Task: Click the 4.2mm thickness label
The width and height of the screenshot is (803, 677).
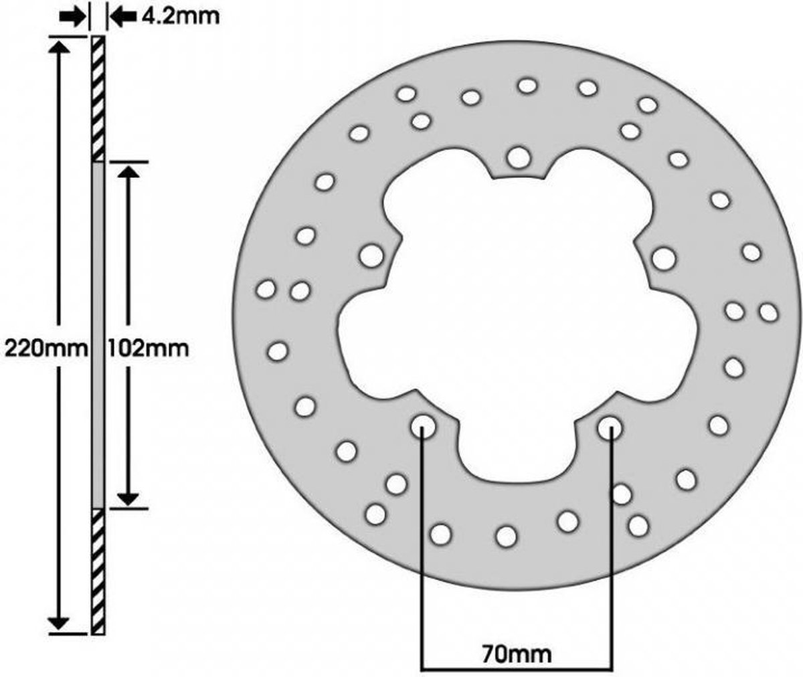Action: point(181,17)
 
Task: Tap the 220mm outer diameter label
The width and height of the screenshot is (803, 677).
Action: point(45,349)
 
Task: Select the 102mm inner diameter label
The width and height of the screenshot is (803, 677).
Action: point(148,349)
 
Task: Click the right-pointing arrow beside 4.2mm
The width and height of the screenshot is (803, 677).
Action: point(72,17)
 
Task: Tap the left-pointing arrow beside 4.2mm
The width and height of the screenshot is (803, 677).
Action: point(123,17)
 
